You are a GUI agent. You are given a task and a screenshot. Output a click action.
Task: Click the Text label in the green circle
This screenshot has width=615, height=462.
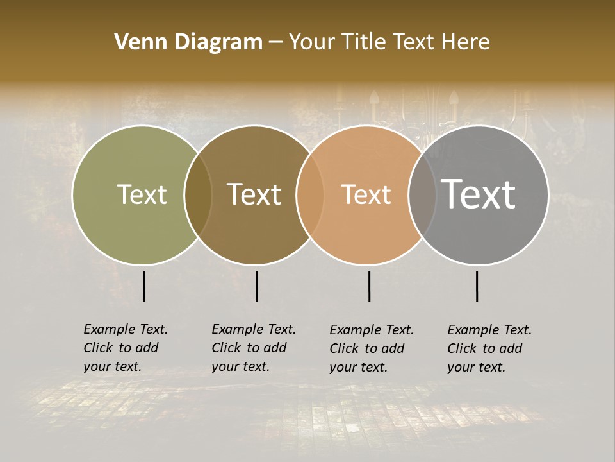142,194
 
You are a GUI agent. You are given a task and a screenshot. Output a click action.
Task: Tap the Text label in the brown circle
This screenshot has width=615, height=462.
254,194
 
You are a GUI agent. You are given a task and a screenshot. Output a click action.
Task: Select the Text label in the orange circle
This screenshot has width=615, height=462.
366,194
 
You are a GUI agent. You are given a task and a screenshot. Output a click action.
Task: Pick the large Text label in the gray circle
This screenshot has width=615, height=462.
478,194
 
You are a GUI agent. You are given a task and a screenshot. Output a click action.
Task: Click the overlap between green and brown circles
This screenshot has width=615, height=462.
198,195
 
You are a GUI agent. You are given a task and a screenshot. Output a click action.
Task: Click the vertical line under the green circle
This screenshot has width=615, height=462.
144,286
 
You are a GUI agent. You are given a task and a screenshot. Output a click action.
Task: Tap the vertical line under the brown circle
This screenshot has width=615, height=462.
256,286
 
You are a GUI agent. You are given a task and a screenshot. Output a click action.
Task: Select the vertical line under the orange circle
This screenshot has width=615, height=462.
370,286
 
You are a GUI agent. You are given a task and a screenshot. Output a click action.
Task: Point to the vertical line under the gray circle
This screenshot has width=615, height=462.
477,286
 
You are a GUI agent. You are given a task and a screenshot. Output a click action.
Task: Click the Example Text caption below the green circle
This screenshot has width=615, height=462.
125,348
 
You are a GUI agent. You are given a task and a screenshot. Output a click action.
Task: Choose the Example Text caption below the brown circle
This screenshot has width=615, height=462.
253,348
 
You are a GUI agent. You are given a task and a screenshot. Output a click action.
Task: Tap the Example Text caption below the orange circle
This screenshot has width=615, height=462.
371,348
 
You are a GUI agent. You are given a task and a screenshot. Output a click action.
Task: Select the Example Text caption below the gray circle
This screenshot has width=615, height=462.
489,348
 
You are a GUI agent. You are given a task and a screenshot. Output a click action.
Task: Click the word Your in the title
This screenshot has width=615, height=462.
311,42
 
